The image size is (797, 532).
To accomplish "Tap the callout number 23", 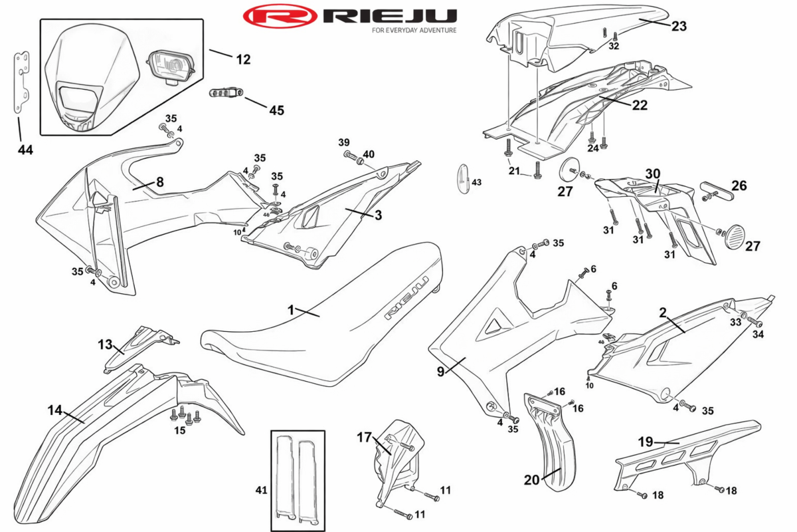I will click(678, 27).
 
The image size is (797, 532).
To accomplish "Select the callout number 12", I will click(242, 59).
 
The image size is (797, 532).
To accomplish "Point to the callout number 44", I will click(25, 150).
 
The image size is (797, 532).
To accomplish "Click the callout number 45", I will click(276, 110).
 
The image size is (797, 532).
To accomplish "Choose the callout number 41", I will click(261, 490).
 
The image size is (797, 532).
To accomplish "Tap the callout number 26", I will click(739, 186).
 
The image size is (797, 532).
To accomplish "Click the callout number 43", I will click(477, 182).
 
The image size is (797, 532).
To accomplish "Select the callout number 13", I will click(105, 344).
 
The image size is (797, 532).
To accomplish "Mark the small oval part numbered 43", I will click(462, 178).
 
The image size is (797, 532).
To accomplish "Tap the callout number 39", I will click(343, 142).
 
